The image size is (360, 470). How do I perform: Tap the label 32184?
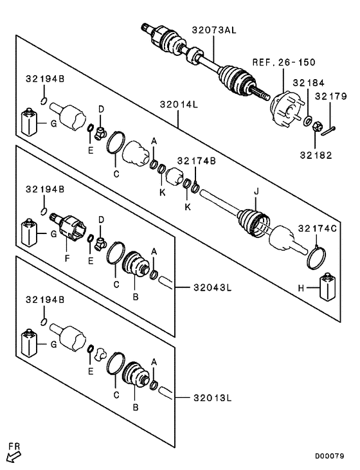point(309,83)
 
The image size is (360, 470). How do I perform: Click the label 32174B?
point(197,161)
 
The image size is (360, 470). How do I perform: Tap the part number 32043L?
point(211,287)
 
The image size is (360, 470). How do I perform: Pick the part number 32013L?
point(211,399)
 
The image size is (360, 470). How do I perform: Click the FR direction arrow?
point(13,456)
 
